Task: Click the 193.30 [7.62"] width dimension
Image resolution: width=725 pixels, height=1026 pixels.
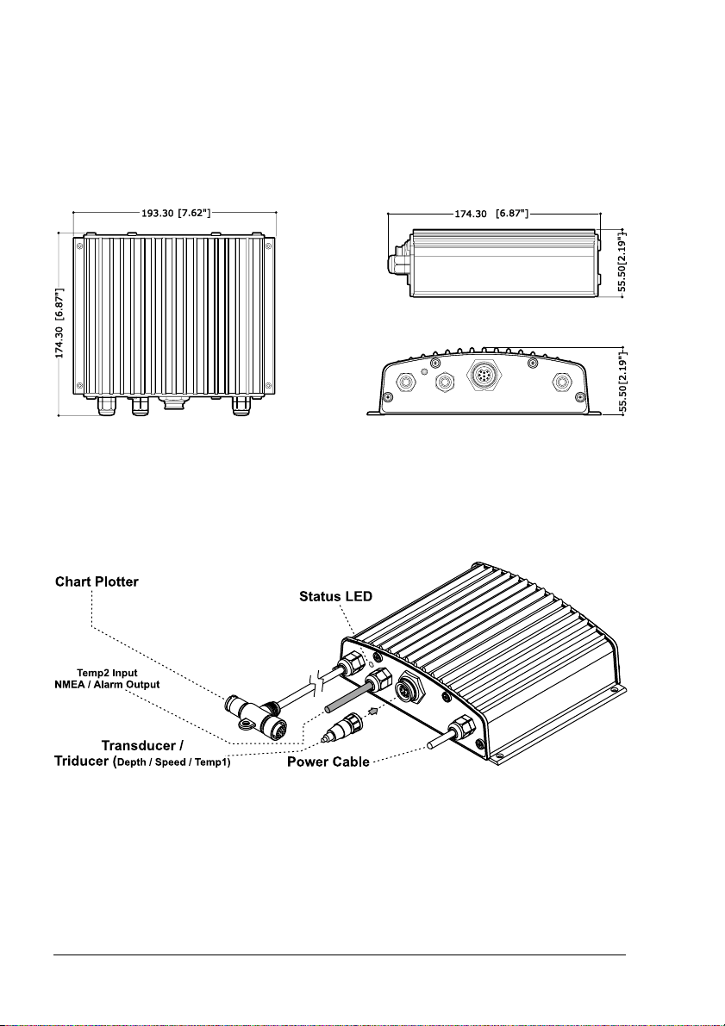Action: click(174, 213)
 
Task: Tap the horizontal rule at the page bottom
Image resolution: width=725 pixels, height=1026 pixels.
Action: click(340, 954)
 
